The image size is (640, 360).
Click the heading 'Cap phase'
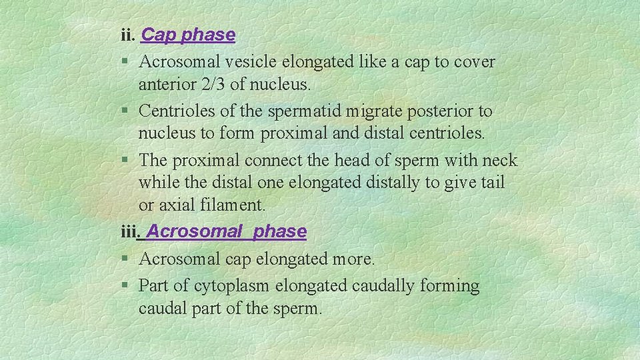[188, 35]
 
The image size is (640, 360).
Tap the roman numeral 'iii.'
[129, 231]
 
